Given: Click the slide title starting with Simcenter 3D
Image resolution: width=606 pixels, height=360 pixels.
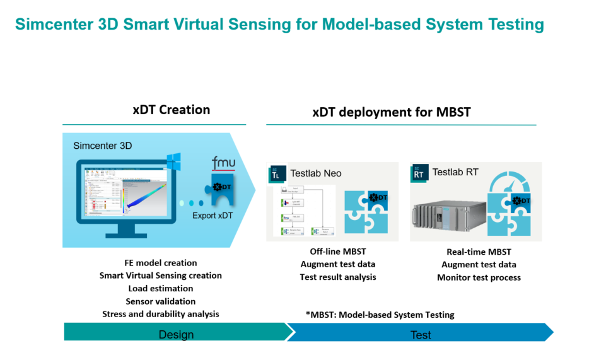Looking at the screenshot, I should tap(279, 25).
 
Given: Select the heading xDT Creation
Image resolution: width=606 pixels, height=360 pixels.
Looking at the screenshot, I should tap(171, 110).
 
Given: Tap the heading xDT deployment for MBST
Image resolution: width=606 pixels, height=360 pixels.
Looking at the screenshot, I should tap(391, 112).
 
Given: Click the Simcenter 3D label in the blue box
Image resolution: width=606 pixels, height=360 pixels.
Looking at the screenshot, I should tap(103, 146).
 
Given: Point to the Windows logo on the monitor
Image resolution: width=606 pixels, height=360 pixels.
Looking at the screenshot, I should tap(173, 162).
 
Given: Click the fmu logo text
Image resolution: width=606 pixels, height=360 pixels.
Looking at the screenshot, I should tap(223, 163).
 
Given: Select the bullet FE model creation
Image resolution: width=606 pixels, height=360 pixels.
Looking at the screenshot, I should tap(161, 263).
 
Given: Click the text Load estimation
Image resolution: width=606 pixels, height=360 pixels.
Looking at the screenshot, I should tap(160, 289).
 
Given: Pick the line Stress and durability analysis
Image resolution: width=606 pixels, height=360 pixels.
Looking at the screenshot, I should tap(161, 314).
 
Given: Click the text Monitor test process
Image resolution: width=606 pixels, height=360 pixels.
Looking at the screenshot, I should tap(479, 277).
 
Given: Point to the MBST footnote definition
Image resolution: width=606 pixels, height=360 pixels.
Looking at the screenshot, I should tap(380, 315).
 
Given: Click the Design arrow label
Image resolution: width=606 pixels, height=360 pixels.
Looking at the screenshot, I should tap(176, 334).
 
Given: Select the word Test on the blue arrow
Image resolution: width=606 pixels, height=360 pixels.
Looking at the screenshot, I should tap(421, 335).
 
